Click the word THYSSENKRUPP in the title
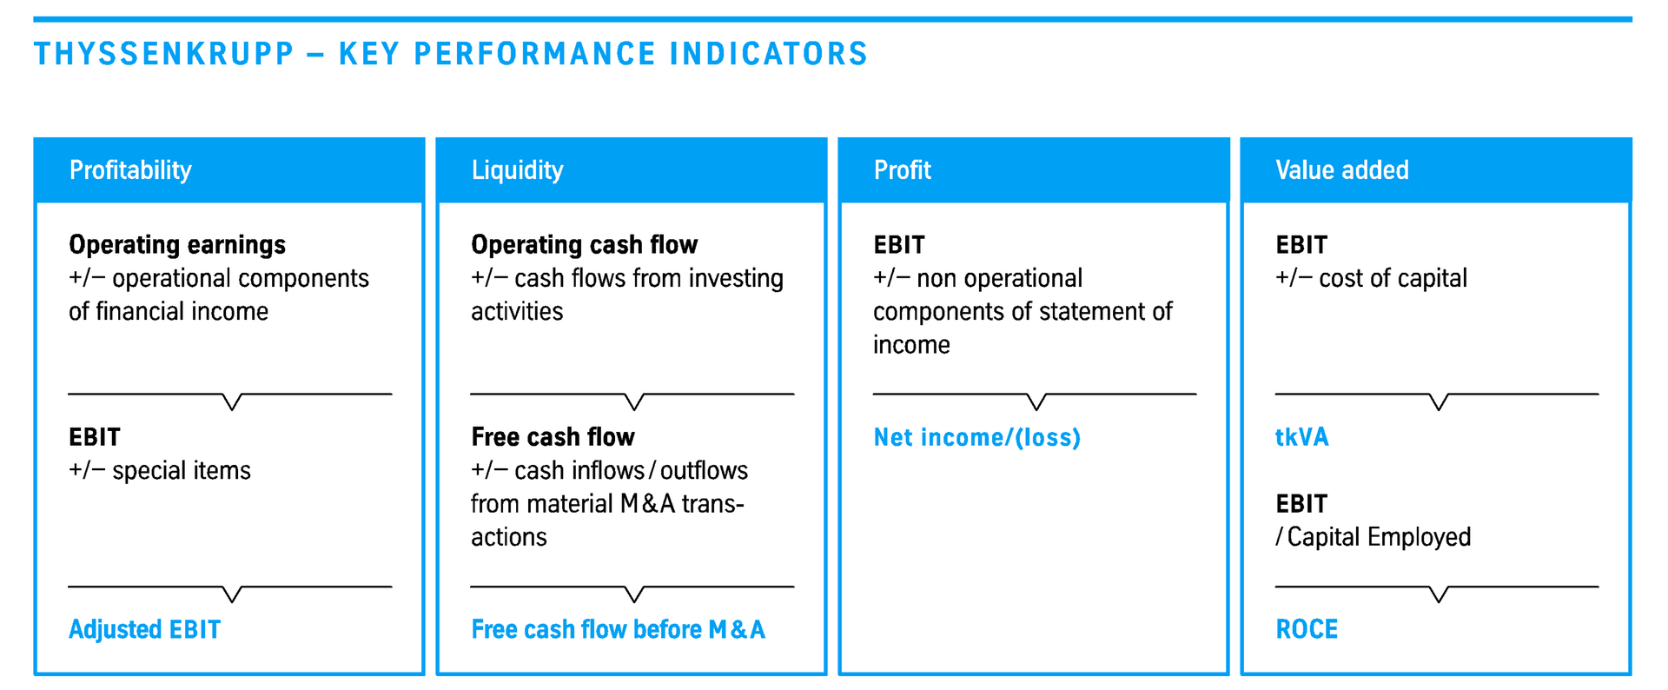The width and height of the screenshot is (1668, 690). [164, 54]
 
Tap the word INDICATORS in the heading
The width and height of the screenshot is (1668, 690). [769, 54]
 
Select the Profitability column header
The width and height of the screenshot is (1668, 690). [130, 169]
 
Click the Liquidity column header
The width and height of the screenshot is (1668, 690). [517, 169]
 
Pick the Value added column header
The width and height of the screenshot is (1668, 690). [1342, 169]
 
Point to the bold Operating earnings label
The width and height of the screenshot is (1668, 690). [177, 245]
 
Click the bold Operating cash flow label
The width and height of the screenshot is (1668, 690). [585, 245]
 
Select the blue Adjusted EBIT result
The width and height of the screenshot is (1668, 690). [145, 629]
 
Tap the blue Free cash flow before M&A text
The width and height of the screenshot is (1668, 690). [619, 629]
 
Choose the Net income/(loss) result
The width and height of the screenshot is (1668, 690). [977, 437]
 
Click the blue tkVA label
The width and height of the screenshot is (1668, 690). [1302, 437]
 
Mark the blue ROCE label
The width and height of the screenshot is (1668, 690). [1307, 629]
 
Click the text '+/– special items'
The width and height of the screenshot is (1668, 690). [160, 470]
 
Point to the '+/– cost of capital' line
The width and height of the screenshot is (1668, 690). [1371, 278]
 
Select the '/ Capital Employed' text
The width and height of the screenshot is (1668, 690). [1373, 537]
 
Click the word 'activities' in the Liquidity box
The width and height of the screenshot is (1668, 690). [517, 311]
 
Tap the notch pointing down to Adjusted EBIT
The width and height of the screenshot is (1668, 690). [232, 594]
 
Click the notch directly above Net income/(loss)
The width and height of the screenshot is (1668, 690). [1036, 401]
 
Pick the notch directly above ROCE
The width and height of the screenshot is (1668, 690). [1439, 594]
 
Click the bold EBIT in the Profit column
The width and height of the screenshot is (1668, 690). [899, 245]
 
